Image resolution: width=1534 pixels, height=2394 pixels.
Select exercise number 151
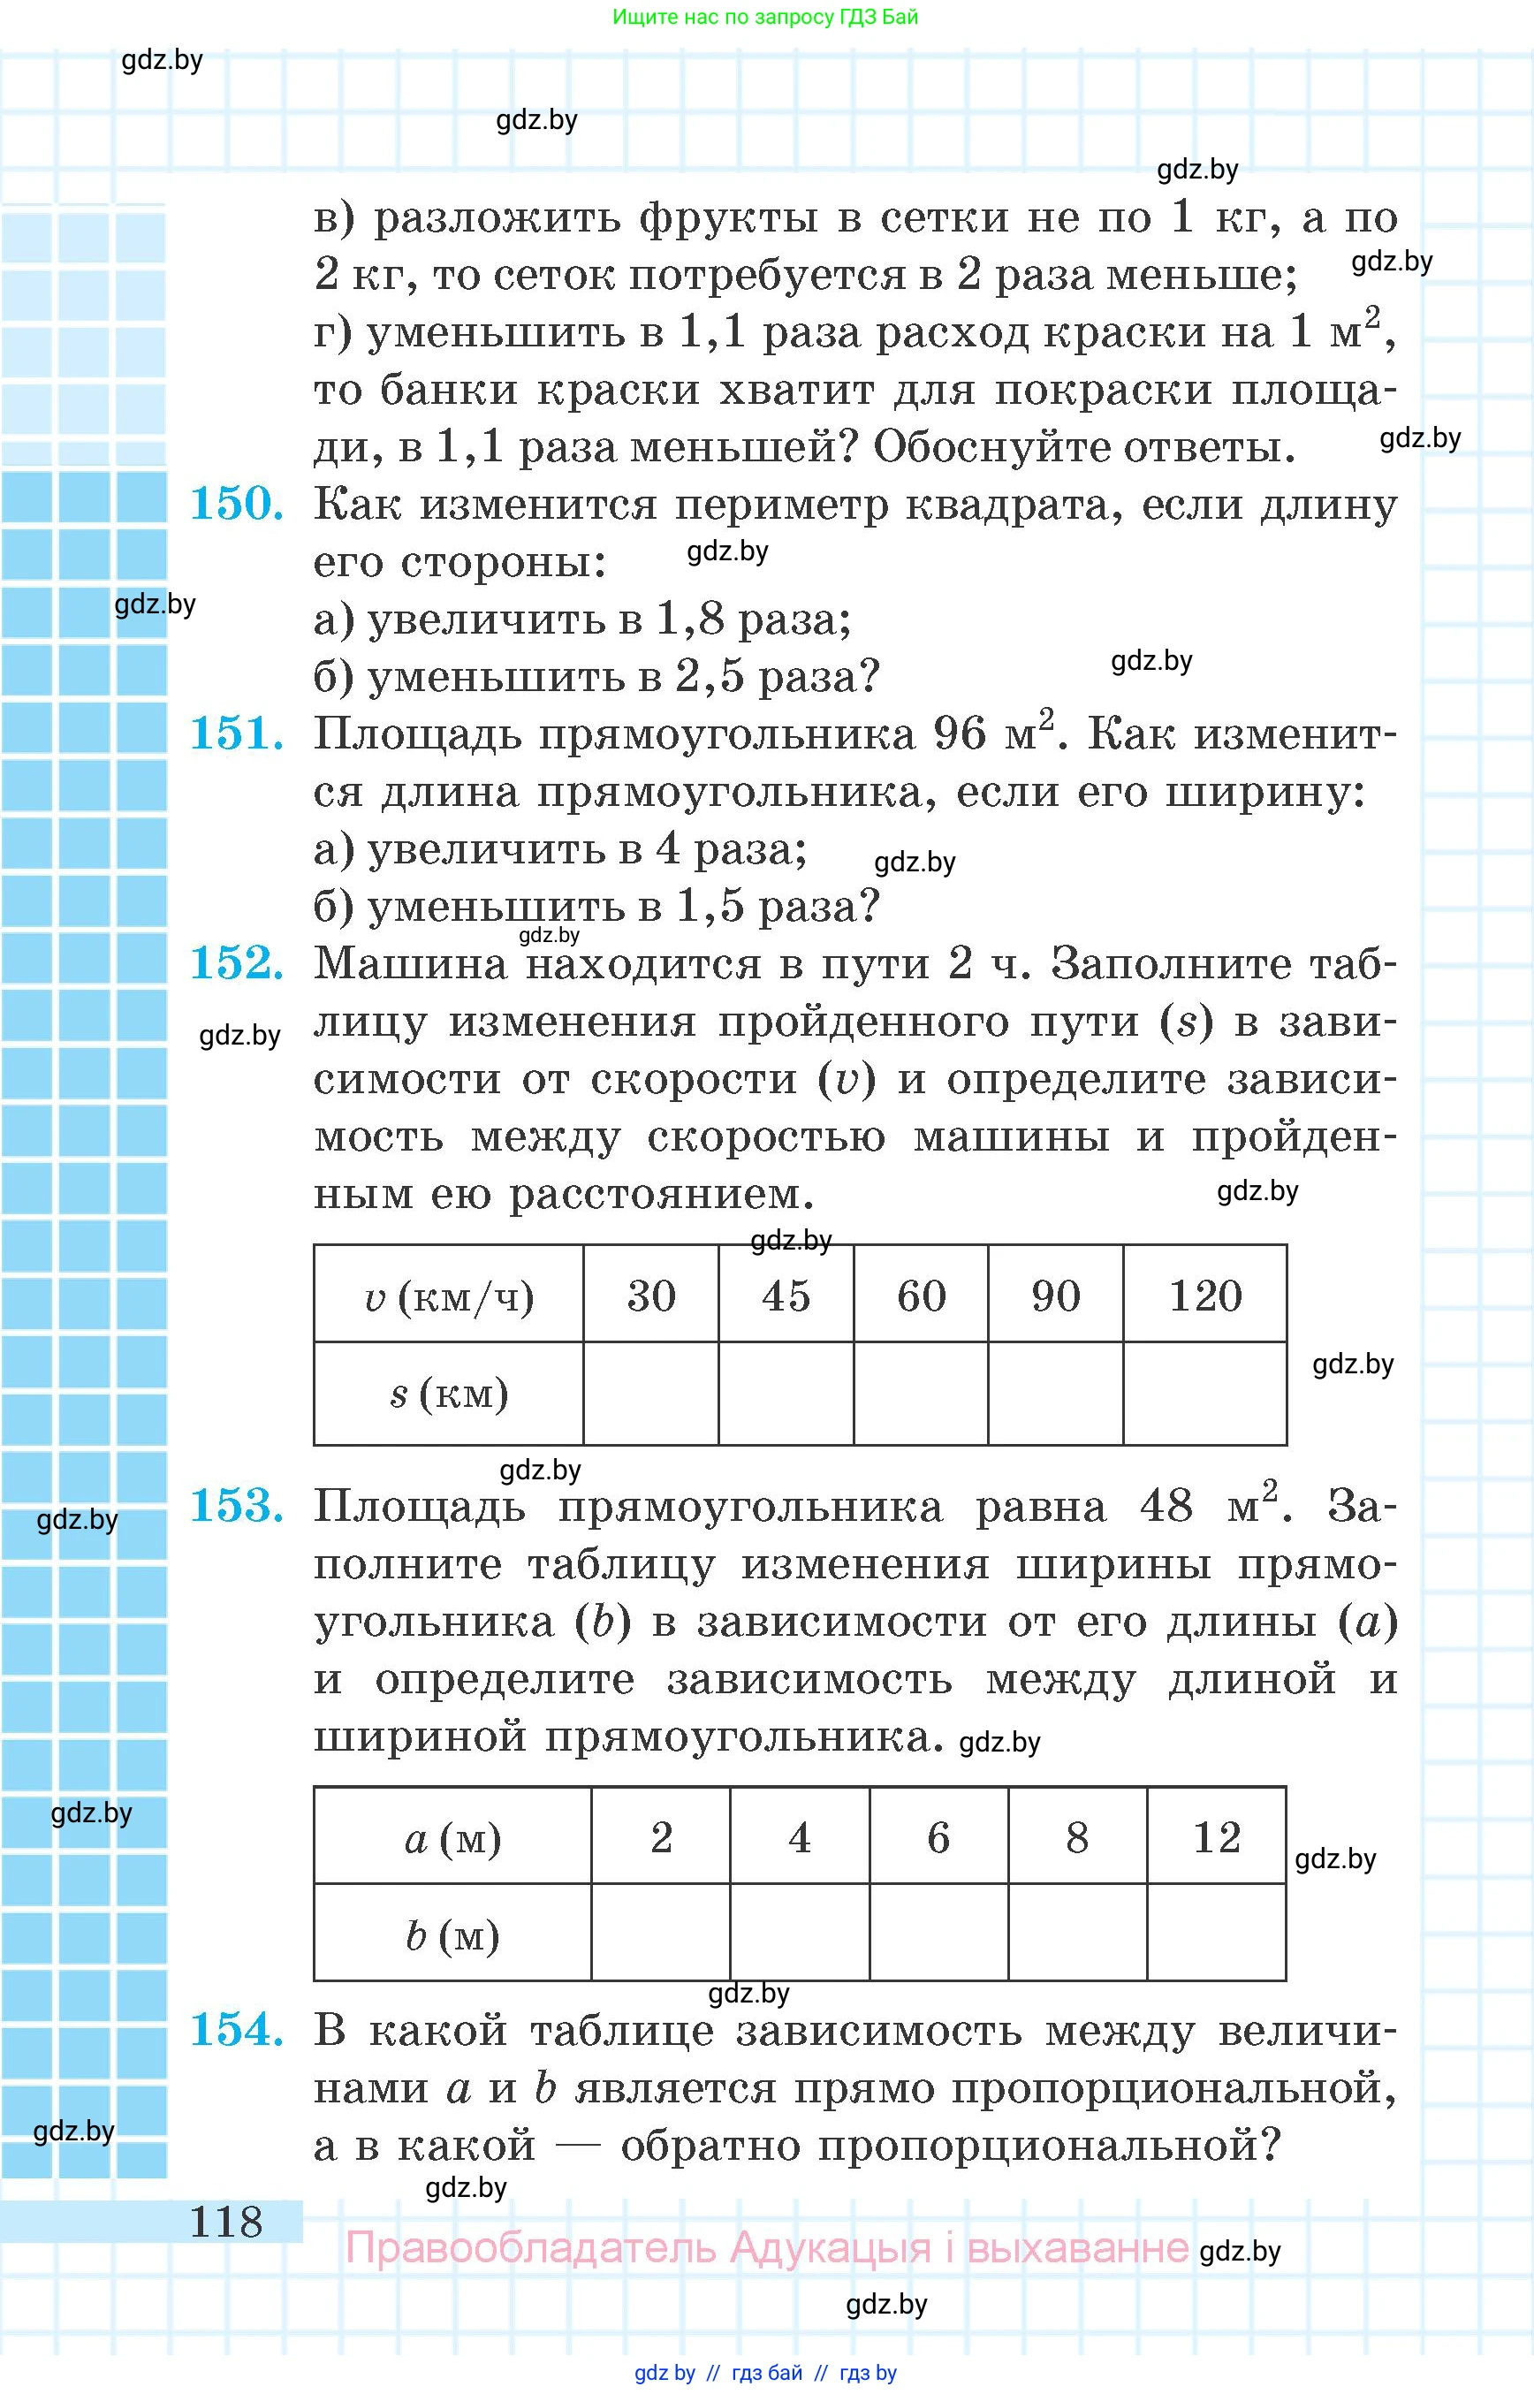tap(236, 733)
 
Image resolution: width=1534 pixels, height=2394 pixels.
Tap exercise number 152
tap(236, 962)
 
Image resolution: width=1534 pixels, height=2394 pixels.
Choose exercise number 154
tap(236, 2029)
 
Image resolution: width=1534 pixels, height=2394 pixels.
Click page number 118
tap(226, 2222)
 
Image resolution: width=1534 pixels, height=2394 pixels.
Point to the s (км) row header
tap(449, 1393)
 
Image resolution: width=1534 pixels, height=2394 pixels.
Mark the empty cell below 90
tap(1056, 1393)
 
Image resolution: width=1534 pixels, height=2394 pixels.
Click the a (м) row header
tap(453, 1839)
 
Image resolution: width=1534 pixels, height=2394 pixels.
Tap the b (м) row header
tap(453, 1934)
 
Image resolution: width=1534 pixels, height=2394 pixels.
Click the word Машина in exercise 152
tap(410, 963)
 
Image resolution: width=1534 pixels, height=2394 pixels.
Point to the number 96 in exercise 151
tap(960, 734)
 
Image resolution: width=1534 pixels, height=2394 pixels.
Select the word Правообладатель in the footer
tap(530, 2247)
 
